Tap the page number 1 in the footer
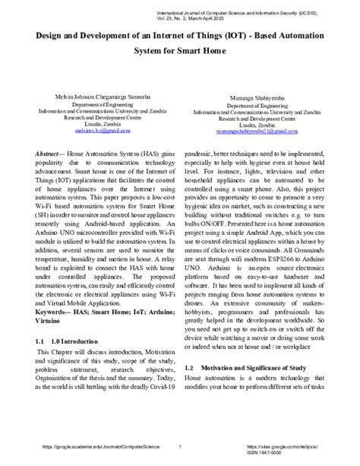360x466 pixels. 179,447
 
